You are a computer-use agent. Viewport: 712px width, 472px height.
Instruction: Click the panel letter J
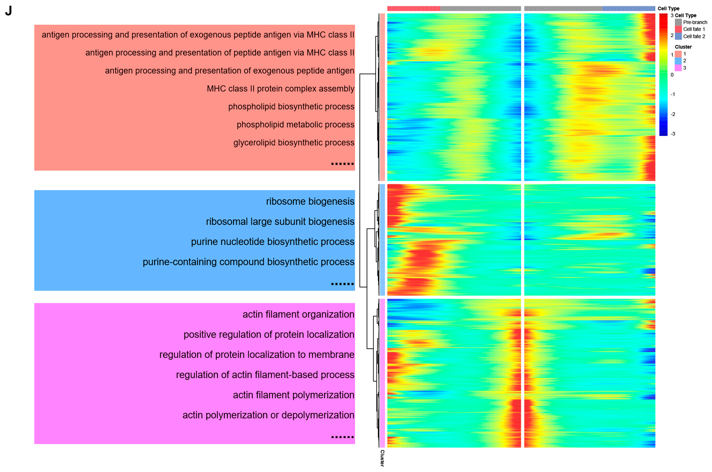pyautogui.click(x=8, y=11)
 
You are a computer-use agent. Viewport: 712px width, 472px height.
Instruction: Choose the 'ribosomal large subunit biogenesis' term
pyautogui.click(x=280, y=222)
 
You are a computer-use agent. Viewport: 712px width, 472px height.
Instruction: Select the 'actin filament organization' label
pyautogui.click(x=298, y=315)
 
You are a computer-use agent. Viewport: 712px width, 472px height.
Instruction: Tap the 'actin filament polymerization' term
pyautogui.click(x=293, y=395)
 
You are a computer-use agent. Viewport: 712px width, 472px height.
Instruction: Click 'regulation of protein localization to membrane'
pyautogui.click(x=256, y=355)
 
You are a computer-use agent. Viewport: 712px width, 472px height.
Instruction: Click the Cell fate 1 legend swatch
pyautogui.click(x=678, y=29)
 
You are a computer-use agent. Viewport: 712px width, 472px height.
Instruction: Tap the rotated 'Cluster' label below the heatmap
pyautogui.click(x=382, y=458)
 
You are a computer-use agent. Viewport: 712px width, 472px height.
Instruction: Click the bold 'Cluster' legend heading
pyautogui.click(x=683, y=47)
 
